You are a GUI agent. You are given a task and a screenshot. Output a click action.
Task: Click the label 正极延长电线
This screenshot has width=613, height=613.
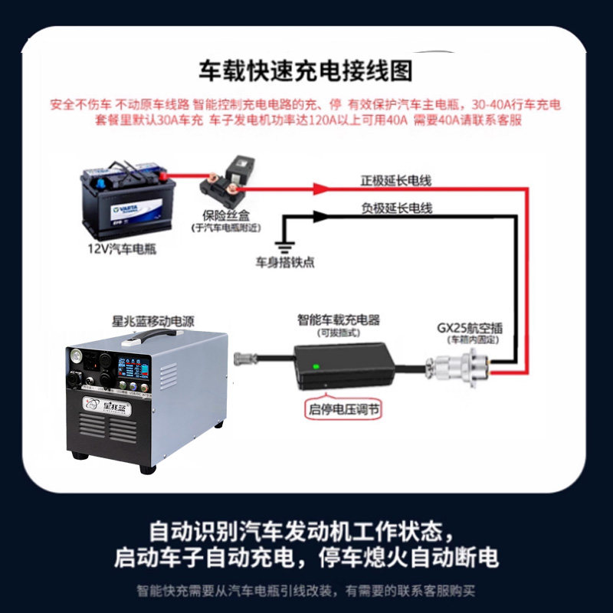click(396, 182)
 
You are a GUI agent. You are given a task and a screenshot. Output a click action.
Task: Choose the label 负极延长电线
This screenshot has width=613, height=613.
click(396, 208)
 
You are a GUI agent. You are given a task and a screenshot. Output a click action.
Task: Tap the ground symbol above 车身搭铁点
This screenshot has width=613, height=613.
click(285, 247)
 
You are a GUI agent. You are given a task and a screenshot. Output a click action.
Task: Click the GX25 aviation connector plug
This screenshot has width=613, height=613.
click(459, 360)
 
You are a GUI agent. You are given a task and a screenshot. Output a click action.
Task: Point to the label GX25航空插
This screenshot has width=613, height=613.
click(470, 327)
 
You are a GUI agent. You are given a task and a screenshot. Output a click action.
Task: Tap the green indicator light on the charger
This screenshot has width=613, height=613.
click(315, 366)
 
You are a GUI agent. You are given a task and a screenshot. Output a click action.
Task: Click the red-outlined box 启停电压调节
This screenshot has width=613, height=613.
click(343, 408)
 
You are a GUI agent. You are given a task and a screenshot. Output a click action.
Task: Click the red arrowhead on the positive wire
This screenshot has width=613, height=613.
click(323, 187)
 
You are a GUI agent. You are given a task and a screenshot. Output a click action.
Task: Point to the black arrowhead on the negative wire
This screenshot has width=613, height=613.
click(320, 217)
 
